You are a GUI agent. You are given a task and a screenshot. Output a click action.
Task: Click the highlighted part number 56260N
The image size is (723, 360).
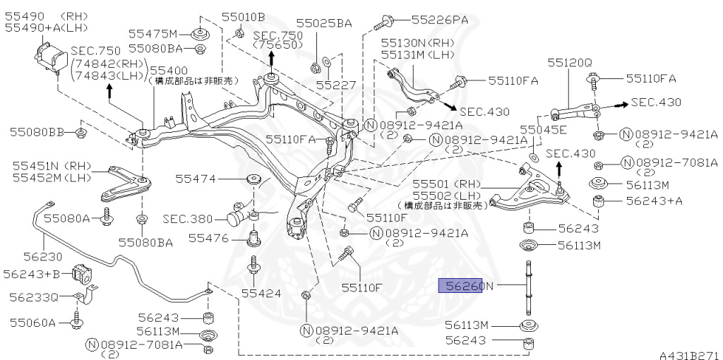click(466, 287)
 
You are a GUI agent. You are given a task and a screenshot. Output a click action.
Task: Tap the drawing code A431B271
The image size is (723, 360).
click(691, 355)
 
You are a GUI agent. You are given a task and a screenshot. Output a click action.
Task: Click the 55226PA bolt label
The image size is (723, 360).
click(439, 20)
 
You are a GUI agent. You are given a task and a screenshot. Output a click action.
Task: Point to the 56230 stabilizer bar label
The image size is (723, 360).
click(42, 256)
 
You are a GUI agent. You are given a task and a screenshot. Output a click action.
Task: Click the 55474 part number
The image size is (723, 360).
click(196, 179)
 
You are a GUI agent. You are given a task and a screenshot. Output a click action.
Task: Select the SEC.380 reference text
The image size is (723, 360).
click(188, 219)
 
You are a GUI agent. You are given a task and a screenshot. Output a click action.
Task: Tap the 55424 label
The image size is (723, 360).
click(261, 293)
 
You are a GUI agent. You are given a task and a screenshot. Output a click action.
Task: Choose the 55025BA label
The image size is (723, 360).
click(323, 23)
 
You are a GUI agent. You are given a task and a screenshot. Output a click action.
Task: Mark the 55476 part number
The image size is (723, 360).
click(208, 239)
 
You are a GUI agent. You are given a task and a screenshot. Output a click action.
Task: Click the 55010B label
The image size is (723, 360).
click(243, 18)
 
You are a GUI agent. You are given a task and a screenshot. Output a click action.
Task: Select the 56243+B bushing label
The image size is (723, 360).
click(31, 275)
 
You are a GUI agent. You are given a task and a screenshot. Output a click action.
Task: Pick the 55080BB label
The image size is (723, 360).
click(37, 133)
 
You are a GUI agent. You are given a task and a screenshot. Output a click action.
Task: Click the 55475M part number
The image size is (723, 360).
click(153, 34)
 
